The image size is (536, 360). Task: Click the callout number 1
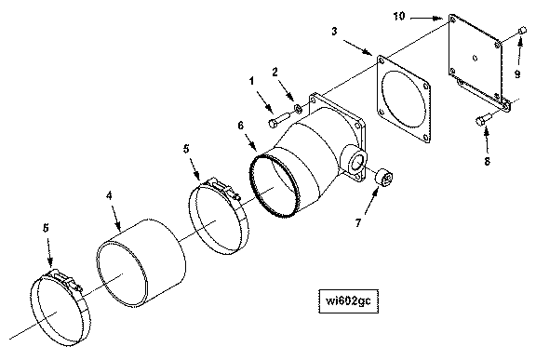click(251, 81)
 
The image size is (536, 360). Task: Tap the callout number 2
click(275, 72)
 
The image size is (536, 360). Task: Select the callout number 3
click(334, 31)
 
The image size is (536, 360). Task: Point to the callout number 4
click(109, 195)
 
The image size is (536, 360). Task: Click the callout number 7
click(357, 223)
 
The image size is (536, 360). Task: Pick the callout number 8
click(487, 161)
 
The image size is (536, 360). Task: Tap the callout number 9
click(517, 73)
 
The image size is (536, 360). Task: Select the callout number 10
click(398, 16)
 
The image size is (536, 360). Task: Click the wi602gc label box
click(348, 300)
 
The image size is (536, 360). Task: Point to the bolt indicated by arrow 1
click(280, 120)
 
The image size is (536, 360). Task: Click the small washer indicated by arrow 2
click(298, 109)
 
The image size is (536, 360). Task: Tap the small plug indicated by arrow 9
click(522, 30)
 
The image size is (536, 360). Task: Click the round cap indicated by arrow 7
click(384, 178)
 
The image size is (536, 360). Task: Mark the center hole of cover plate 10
click(475, 58)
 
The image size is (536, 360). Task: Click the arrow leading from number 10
click(426, 18)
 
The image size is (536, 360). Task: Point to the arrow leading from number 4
click(115, 216)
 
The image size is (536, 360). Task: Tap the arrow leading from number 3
click(358, 47)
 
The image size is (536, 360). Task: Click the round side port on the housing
click(355, 159)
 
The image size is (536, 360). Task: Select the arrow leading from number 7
click(371, 201)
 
